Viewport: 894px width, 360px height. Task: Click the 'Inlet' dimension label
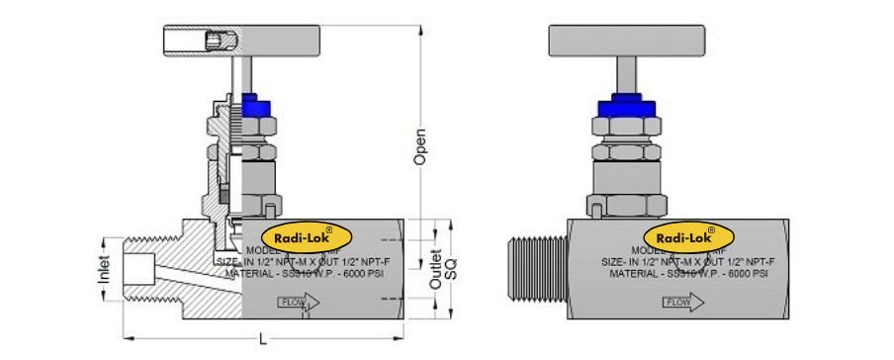[x=106, y=269]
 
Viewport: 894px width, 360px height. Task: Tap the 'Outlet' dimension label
[x=436, y=268]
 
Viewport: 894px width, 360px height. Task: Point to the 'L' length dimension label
[x=262, y=340]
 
